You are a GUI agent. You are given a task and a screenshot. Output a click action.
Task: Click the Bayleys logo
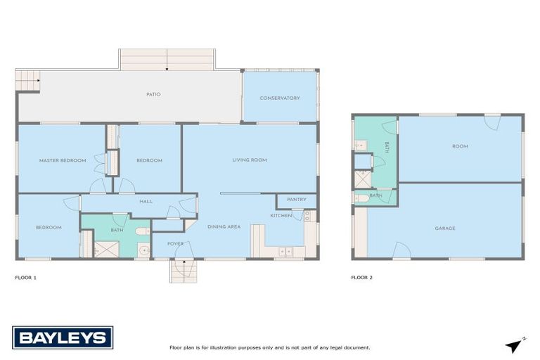(63, 337)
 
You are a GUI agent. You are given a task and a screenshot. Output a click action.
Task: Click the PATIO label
(153, 94)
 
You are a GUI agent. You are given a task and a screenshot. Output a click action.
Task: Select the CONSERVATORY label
(280, 98)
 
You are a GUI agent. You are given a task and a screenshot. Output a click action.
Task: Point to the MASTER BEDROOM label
(63, 160)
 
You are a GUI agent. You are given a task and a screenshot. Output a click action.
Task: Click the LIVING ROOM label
(250, 160)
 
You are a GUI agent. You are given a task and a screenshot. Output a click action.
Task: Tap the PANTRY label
(297, 200)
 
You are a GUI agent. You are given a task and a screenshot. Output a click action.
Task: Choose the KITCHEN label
(281, 215)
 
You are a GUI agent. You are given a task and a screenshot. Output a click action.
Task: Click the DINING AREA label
(224, 226)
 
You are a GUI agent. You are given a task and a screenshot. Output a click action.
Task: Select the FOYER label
(175, 244)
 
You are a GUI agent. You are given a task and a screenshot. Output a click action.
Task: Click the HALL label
(146, 202)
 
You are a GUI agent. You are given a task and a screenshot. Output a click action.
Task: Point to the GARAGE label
(444, 228)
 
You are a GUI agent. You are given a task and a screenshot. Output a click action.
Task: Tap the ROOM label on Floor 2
(460, 146)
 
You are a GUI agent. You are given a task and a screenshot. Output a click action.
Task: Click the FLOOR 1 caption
(25, 278)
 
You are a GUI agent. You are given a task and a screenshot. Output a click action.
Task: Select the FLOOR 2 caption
(362, 278)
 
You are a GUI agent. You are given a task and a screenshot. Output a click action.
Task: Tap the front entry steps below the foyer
(181, 271)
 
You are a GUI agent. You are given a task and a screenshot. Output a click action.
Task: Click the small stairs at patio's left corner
(27, 80)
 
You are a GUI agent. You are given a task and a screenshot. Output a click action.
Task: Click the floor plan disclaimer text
(269, 347)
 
